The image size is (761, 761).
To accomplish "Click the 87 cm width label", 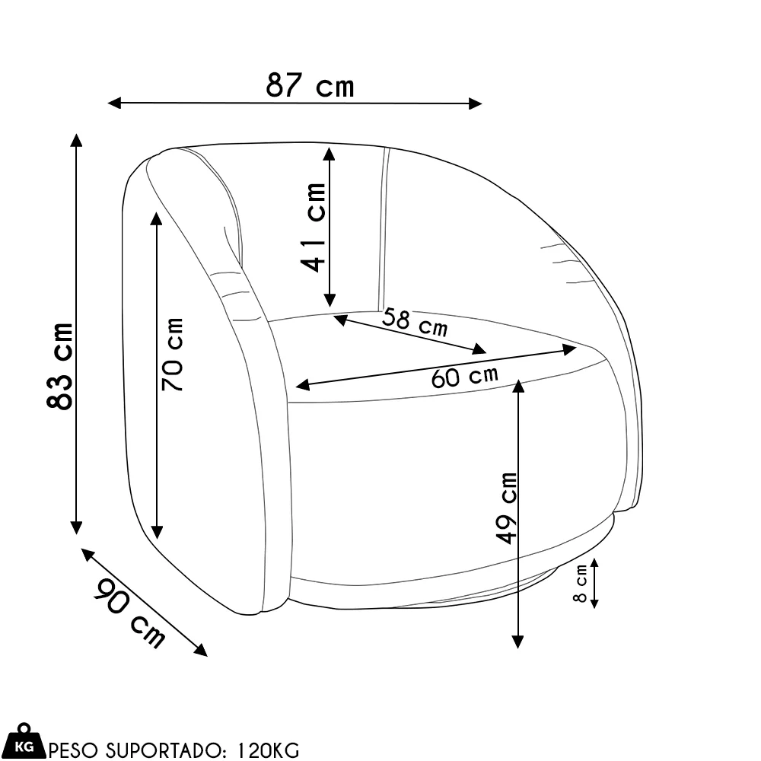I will [310, 85].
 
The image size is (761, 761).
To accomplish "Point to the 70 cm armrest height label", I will [173, 355].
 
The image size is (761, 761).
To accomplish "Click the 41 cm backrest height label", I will [313, 227].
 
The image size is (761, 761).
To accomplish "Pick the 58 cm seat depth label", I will [415, 323].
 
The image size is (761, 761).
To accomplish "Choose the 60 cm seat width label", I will [464, 376].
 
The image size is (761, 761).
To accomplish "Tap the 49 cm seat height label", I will [506, 508].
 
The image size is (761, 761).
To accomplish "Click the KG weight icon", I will [24, 741].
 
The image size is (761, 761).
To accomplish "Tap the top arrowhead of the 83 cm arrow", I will [75, 139].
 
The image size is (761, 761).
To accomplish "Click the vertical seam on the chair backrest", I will [384, 228].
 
